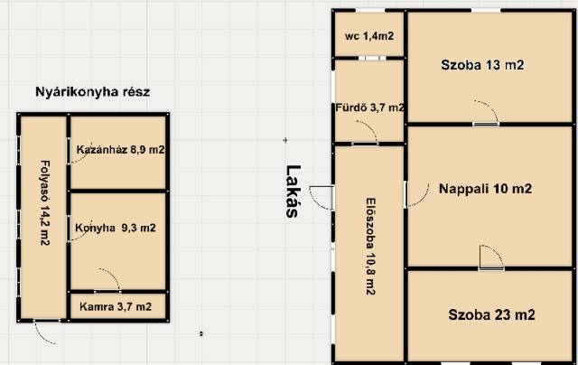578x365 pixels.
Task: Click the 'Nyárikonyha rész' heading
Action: pyautogui.click(x=92, y=92)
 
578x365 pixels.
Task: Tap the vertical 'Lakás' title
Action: pyautogui.click(x=293, y=192)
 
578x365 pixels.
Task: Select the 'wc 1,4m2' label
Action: pyautogui.click(x=369, y=36)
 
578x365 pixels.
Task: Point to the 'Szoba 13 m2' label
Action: pyautogui.click(x=482, y=65)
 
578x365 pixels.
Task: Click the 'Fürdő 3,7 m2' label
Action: pyautogui.click(x=369, y=108)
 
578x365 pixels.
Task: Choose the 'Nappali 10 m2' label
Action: pyautogui.click(x=485, y=189)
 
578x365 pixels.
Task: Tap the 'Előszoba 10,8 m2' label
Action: pyautogui.click(x=370, y=247)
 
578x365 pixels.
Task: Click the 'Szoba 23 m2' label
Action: pyautogui.click(x=491, y=315)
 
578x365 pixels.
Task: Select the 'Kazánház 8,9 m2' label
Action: pyautogui.click(x=120, y=150)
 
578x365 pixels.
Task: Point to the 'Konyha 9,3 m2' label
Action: pyautogui.click(x=116, y=228)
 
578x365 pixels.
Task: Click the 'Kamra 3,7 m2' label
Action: pyautogui.click(x=116, y=307)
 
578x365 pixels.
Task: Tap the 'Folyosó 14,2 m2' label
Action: pyautogui.click(x=44, y=202)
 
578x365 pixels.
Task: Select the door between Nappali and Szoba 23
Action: pyautogui.click(x=491, y=257)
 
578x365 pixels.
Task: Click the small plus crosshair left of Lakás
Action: pyautogui.click(x=285, y=140)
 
